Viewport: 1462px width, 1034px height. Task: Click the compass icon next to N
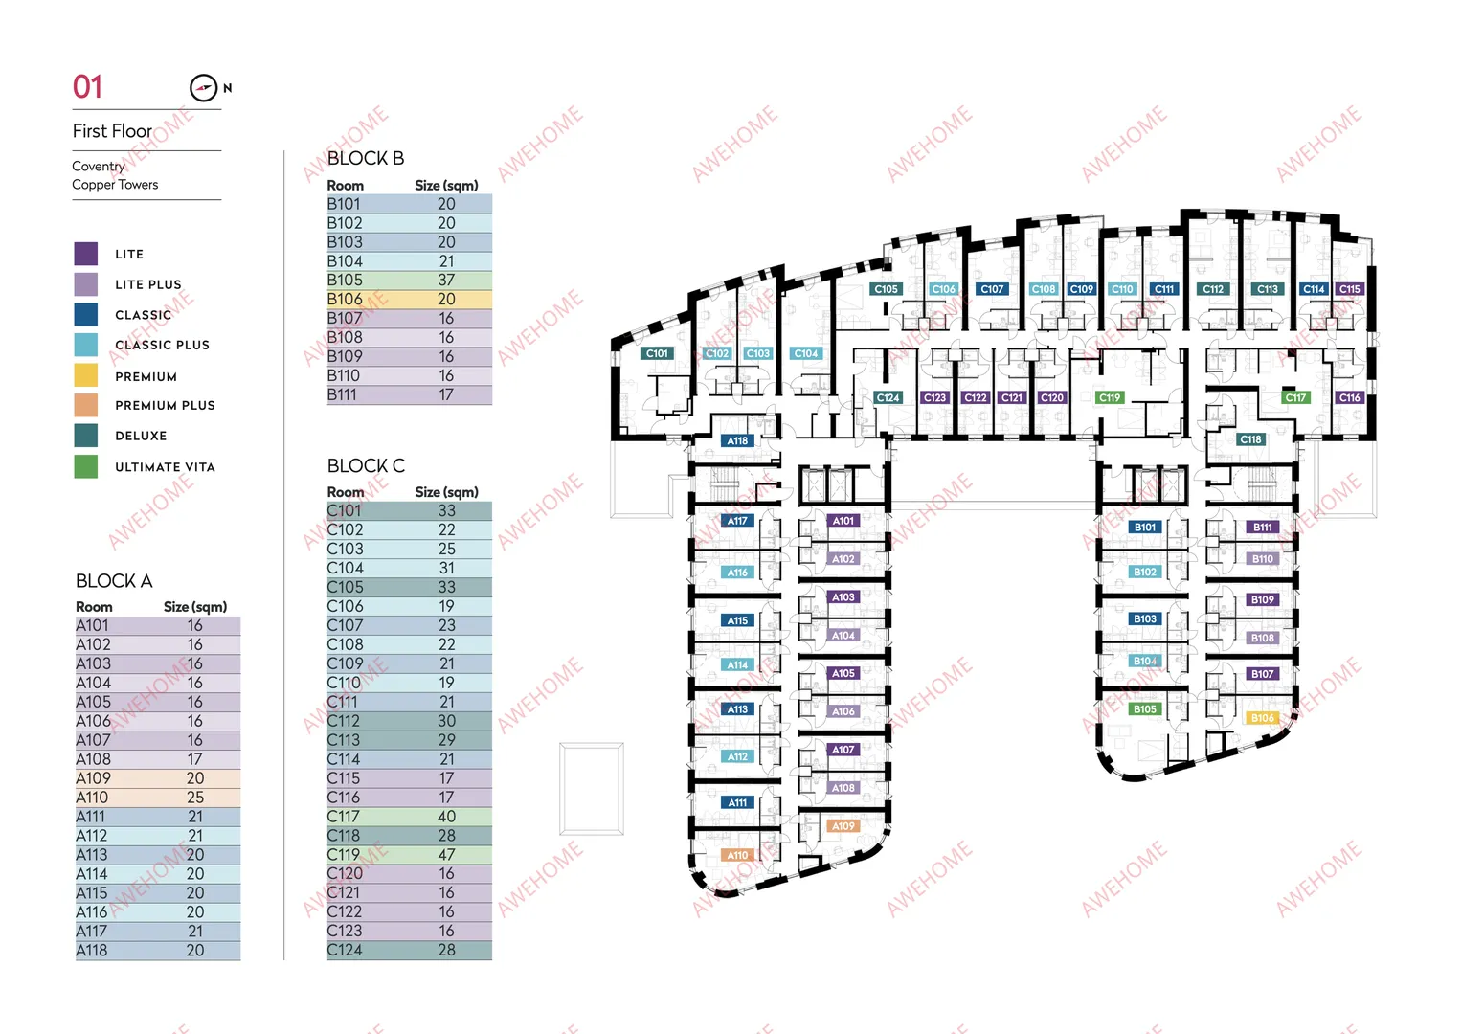[203, 87]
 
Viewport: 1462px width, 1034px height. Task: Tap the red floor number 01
[87, 87]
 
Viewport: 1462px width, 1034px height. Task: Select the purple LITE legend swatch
[85, 254]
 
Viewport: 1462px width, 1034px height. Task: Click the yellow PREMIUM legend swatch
[85, 375]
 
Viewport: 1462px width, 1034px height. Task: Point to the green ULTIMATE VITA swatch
[85, 466]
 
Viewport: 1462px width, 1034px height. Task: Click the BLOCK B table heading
[366, 158]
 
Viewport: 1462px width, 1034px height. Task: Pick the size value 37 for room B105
[446, 280]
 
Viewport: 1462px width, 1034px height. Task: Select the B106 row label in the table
[345, 299]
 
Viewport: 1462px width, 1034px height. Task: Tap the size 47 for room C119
[446, 854]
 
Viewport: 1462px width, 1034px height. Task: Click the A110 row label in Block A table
[92, 798]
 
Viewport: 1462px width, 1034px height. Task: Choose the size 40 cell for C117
[446, 817]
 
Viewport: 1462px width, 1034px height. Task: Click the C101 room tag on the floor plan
[657, 353]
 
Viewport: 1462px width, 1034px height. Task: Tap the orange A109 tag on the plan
[843, 825]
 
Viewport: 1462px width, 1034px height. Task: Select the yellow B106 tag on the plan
[1262, 717]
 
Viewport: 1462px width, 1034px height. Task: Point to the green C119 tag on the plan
[1109, 397]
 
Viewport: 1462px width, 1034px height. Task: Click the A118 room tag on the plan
[737, 440]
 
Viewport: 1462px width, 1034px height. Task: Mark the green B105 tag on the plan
[1144, 708]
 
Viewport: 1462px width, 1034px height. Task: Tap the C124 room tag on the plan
[887, 397]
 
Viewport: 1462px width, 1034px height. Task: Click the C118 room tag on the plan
[1249, 439]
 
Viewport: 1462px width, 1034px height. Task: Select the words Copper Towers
[115, 185]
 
